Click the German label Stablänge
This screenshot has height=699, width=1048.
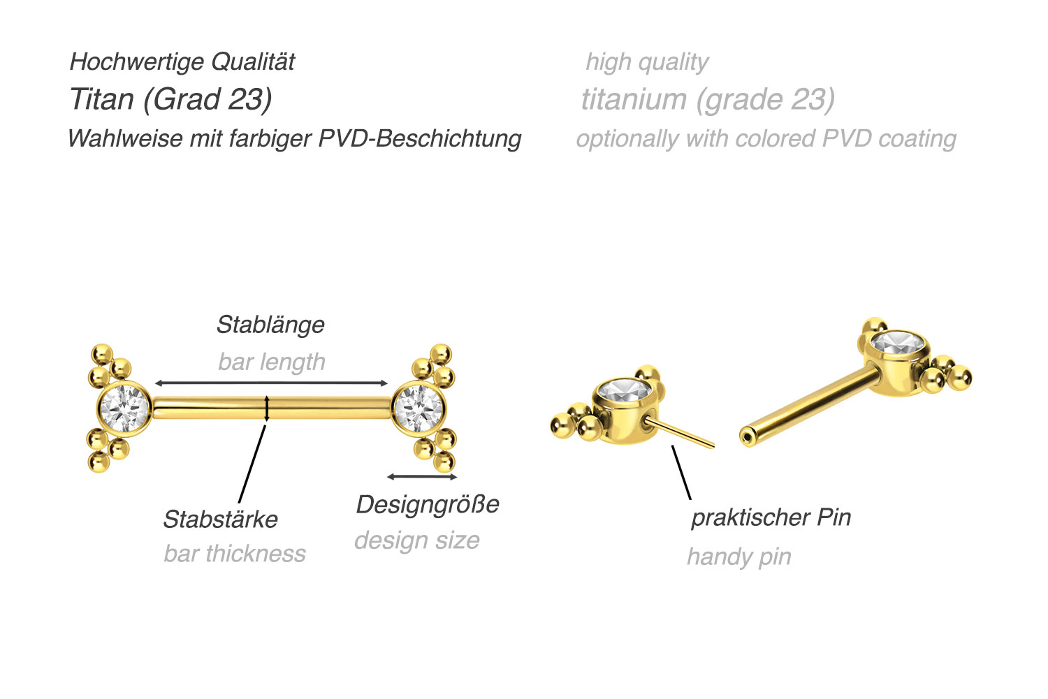[x=270, y=325]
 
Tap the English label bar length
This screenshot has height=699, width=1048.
[x=271, y=362]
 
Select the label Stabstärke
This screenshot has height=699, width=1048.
[x=220, y=519]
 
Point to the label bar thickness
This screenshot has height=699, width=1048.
[x=234, y=553]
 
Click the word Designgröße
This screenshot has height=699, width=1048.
[x=428, y=505]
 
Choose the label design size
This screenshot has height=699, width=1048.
[x=417, y=540]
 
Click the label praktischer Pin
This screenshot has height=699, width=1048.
[x=771, y=517]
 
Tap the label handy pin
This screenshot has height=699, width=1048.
[x=739, y=557]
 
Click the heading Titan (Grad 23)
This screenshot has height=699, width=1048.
[x=170, y=99]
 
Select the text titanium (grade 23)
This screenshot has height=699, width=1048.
[x=708, y=99]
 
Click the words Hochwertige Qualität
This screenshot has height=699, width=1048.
[x=182, y=61]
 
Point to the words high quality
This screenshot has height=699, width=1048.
[x=647, y=62]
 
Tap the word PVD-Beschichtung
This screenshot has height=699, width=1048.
[x=420, y=139]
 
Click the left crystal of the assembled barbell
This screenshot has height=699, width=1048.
[x=124, y=409]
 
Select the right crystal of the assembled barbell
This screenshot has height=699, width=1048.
[x=419, y=409]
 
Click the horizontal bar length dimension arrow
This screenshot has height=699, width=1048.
[x=271, y=383]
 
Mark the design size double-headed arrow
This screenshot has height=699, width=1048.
[x=422, y=477]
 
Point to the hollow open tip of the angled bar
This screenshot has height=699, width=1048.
[x=747, y=438]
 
